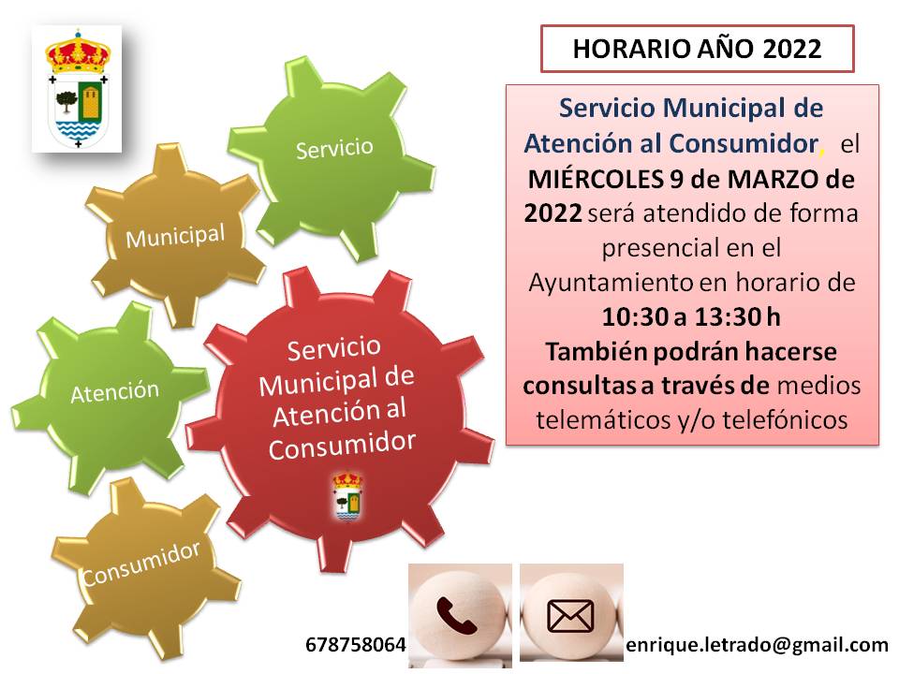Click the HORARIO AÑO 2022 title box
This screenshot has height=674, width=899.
pos(697,49)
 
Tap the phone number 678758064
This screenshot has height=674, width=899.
pos(356,645)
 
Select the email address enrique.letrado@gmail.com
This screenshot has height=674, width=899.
pos(757,645)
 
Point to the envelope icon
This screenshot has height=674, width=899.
pos(570,616)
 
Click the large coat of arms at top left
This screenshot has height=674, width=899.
pos(77,90)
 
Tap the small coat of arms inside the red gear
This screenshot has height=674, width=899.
pos(348,496)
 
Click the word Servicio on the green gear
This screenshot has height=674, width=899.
pos(334,149)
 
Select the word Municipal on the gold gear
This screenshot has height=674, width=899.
pos(175,236)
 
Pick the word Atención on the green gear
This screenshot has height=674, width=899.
pos(114,392)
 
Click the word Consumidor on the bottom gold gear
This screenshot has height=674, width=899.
pos(140,564)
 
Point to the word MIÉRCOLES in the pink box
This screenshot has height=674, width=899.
pos(596,179)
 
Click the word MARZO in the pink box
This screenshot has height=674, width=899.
pos(765,180)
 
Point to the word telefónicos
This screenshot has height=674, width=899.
pos(785,419)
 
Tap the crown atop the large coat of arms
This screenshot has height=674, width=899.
pos(77,52)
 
